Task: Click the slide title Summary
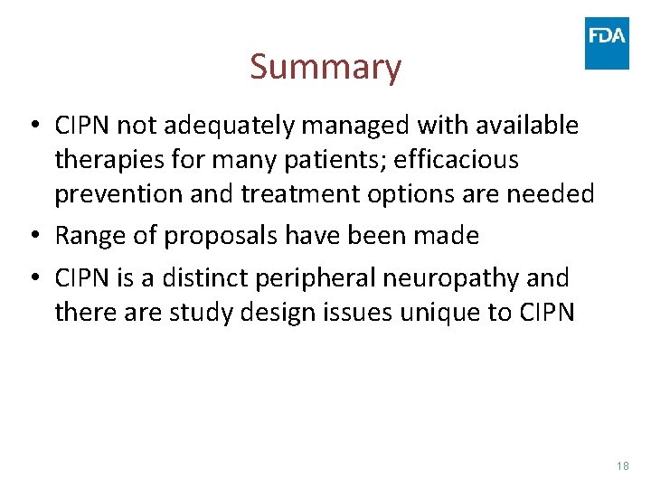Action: click(325, 68)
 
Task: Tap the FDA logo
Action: click(607, 42)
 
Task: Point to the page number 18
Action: click(622, 465)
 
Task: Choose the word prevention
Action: click(120, 194)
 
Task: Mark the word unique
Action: click(421, 313)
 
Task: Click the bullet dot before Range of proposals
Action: click(39, 237)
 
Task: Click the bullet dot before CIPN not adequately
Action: click(39, 127)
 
